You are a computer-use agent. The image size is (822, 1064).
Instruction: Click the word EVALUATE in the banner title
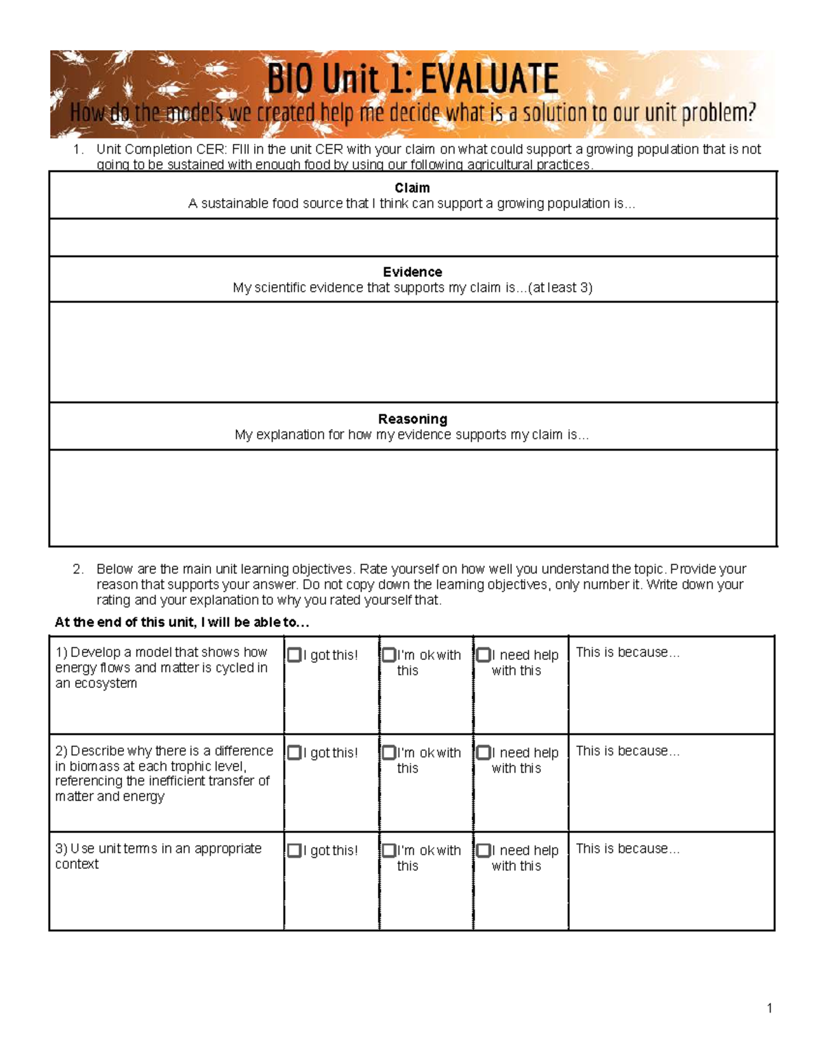[489, 79]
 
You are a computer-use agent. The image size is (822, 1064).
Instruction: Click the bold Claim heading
[412, 188]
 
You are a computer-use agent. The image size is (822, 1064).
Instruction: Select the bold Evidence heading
[412, 272]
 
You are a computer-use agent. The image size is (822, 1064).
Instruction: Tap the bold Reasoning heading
[412, 419]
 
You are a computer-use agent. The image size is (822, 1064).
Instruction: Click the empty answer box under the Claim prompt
[412, 238]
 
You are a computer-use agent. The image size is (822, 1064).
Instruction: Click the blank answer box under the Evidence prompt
[412, 351]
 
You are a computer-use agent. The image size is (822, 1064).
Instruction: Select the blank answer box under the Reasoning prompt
[412, 497]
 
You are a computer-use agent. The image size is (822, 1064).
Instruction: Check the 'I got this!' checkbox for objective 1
[295, 655]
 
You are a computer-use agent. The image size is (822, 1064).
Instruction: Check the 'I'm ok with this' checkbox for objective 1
[389, 655]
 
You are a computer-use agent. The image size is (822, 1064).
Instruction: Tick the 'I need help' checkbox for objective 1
[484, 655]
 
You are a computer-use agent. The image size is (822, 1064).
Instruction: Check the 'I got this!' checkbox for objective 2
[295, 753]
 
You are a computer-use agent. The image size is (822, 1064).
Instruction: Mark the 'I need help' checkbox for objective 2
[484, 753]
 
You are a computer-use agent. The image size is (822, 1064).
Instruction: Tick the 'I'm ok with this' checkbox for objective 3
[389, 850]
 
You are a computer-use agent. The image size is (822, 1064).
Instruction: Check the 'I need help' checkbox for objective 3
[484, 850]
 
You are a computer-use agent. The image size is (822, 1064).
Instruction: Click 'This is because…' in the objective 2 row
[627, 751]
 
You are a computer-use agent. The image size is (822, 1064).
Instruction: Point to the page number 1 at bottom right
[770, 1008]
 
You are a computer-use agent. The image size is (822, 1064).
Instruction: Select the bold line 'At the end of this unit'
[182, 622]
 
